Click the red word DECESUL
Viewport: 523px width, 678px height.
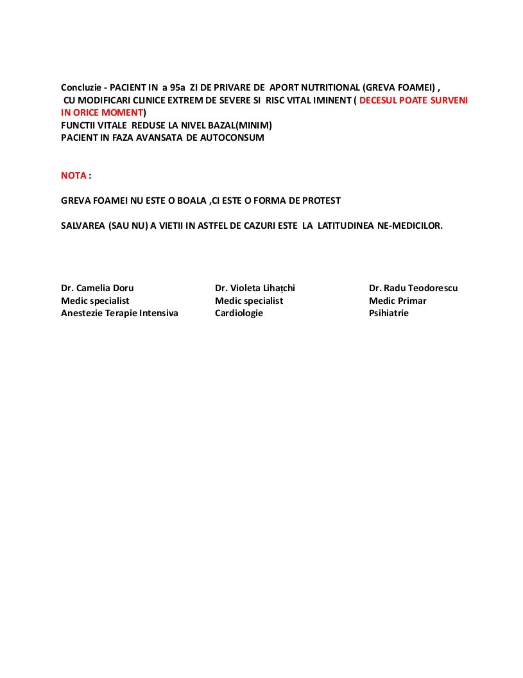pos(380,100)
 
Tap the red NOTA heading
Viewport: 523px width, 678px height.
pos(74,175)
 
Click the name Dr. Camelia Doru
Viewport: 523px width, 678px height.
pos(98,288)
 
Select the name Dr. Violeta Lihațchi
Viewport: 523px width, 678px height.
pos(255,288)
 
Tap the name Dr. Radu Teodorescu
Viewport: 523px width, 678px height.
pos(413,288)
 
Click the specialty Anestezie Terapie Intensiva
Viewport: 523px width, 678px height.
pos(119,313)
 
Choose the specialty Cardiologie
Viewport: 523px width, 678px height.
pos(239,313)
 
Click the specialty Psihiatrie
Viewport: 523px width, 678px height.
pos(389,313)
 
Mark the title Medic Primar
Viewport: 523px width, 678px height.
pos(398,301)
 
